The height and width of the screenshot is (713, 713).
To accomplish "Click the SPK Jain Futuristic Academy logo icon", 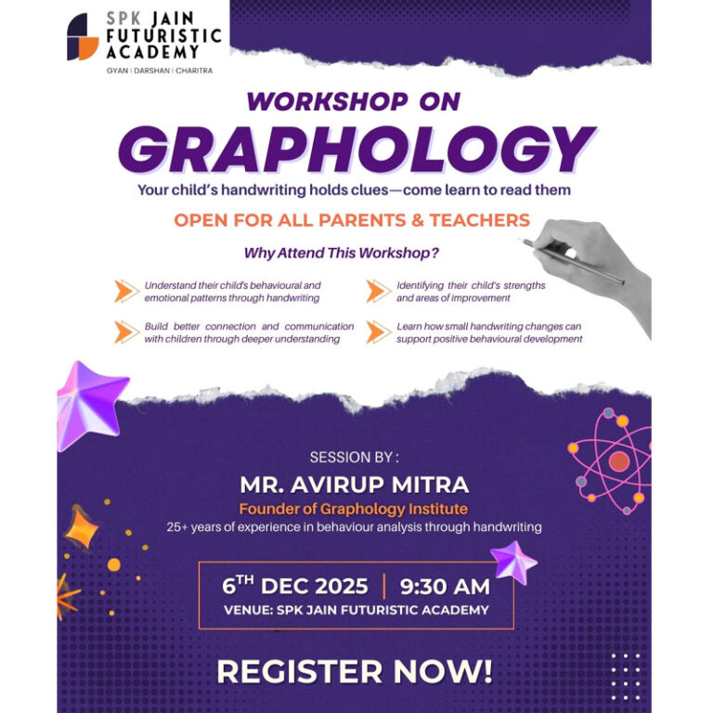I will [x=83, y=37].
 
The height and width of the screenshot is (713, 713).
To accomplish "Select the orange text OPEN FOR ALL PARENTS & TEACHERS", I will [x=352, y=220].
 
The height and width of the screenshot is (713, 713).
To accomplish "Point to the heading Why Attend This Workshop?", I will [x=341, y=253].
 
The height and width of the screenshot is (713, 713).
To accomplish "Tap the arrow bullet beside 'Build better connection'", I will [x=126, y=332].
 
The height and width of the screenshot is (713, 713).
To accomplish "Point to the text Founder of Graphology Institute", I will [x=354, y=509].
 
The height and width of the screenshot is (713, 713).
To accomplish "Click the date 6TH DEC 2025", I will [x=295, y=587].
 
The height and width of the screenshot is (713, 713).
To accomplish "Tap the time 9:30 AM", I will [x=444, y=587].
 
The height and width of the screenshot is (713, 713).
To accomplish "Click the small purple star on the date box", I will [x=513, y=563].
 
